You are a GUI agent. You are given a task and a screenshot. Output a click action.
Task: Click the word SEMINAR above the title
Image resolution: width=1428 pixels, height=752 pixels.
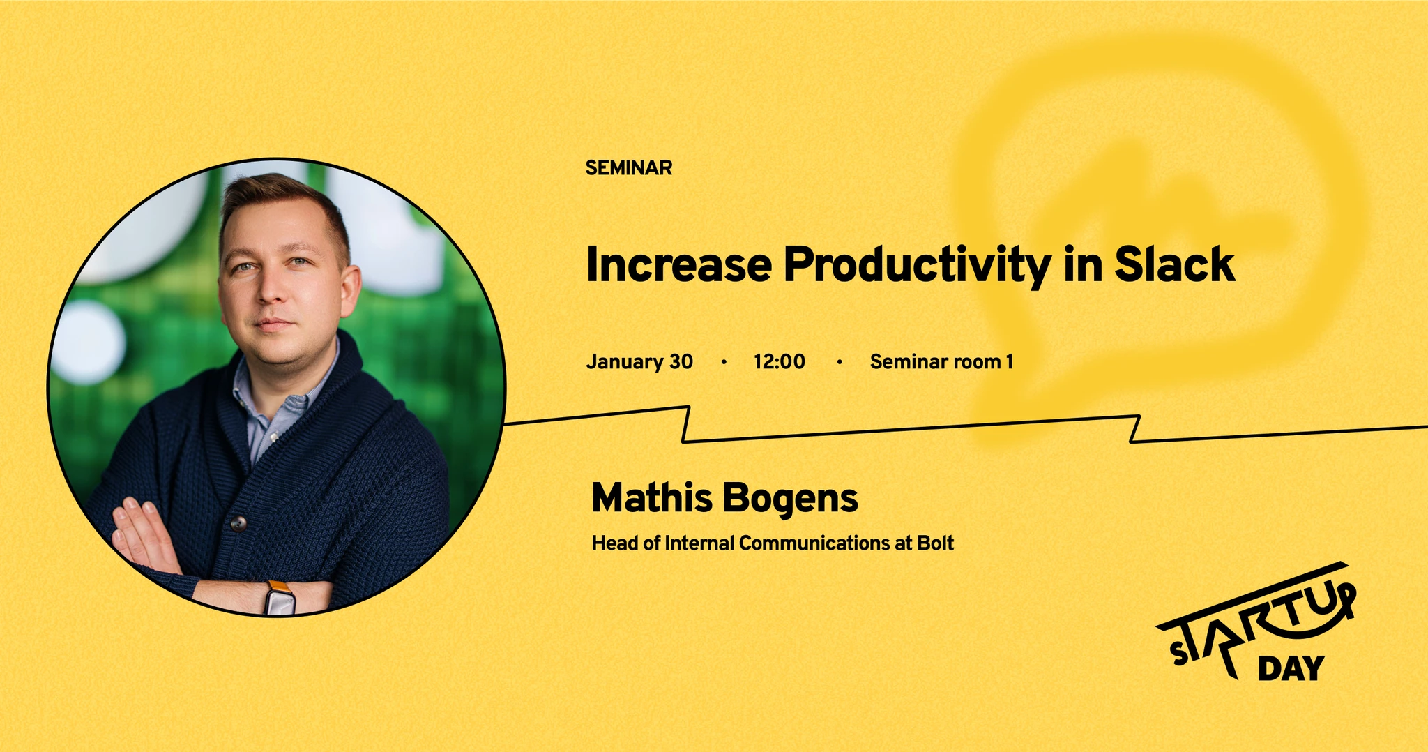pyautogui.click(x=628, y=168)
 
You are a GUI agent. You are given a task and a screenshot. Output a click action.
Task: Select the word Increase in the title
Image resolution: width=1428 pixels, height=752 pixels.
pyautogui.click(x=679, y=265)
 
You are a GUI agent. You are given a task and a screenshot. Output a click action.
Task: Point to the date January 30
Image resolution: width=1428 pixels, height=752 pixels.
pyautogui.click(x=639, y=362)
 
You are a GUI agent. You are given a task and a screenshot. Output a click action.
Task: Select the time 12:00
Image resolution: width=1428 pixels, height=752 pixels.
pyautogui.click(x=779, y=362)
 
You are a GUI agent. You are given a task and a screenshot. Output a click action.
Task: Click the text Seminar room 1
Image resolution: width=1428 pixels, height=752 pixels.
pyautogui.click(x=941, y=362)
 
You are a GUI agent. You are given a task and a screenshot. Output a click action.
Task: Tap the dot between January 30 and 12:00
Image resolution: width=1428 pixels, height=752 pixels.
pyautogui.click(x=724, y=362)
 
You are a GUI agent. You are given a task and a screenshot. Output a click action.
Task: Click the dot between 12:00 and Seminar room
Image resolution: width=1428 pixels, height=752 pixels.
pyautogui.click(x=840, y=362)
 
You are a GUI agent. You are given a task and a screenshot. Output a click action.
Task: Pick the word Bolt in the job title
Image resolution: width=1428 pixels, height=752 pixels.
pyautogui.click(x=935, y=543)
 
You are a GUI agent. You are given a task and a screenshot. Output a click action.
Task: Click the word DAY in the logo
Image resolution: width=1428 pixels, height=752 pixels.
pyautogui.click(x=1291, y=669)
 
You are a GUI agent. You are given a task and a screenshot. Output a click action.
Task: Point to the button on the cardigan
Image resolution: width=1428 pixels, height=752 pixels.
pyautogui.click(x=238, y=522)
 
